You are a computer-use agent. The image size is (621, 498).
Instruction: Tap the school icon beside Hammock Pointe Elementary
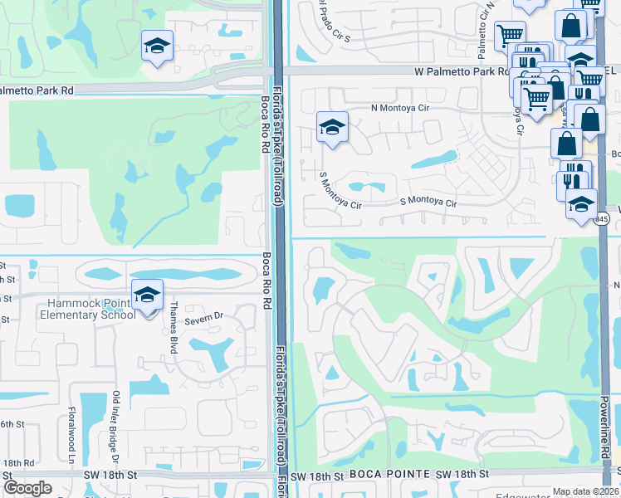pos(147,296)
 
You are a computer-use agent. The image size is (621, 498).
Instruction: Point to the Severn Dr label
pos(205,317)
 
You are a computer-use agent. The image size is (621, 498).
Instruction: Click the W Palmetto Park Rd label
pos(462,72)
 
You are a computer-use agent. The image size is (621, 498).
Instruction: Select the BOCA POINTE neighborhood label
pos(390,475)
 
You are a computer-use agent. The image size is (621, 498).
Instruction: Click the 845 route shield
pos(602,219)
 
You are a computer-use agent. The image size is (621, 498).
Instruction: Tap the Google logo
pos(27,488)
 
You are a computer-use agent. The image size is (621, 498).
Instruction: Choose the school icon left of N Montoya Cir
pos(332,128)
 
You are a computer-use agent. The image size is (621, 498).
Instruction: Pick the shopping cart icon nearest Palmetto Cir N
pos(509,34)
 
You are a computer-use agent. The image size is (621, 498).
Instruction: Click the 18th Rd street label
pos(17,462)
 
